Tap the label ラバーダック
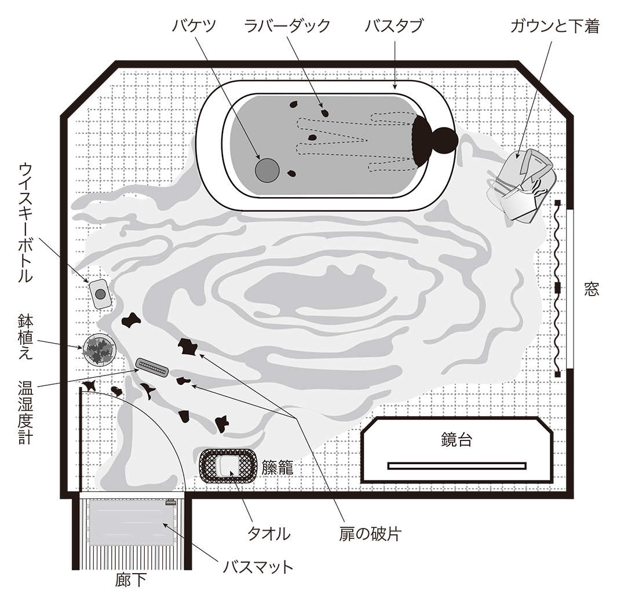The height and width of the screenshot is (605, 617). click(287, 27)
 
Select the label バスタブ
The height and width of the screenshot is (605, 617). click(394, 27)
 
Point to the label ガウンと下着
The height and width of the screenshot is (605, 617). click(554, 27)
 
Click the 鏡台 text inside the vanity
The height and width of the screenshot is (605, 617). click(456, 440)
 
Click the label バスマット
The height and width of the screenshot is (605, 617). click(258, 566)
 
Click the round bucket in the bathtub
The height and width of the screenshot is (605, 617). click(267, 170)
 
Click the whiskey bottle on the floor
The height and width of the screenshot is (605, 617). click(100, 293)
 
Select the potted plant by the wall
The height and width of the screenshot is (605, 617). click(100, 350)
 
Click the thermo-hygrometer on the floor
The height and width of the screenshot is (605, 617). click(152, 367)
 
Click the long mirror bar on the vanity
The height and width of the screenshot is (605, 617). click(457, 465)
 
